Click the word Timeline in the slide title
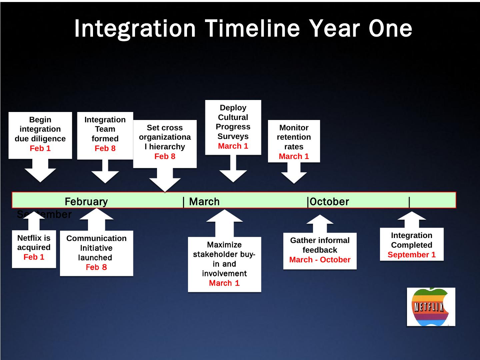(x=253, y=28)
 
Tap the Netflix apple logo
(x=431, y=307)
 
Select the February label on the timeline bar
(x=86, y=202)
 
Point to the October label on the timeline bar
(x=329, y=202)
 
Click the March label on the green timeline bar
(x=204, y=202)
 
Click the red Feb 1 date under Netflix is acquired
(x=34, y=257)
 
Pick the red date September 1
(x=411, y=255)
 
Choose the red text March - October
(x=320, y=260)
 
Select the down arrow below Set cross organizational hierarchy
(x=165, y=180)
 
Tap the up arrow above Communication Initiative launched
(x=97, y=219)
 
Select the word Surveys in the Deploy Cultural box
(x=233, y=136)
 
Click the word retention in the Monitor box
(x=294, y=137)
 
